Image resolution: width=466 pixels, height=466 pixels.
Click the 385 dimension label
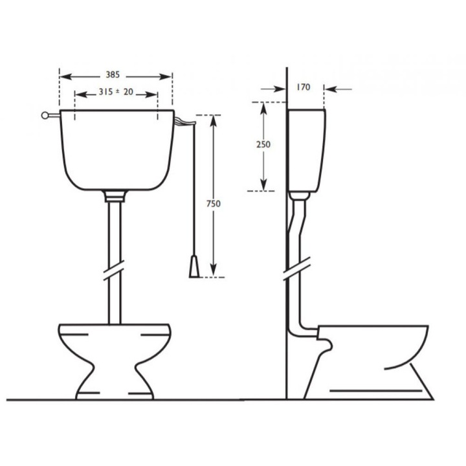[x=116, y=74]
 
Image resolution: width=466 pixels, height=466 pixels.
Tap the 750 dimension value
[x=214, y=203]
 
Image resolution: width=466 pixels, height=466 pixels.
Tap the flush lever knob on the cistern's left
[x=45, y=116]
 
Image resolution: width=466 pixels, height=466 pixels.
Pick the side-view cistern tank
[x=305, y=150]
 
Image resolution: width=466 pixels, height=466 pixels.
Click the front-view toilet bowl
[x=115, y=356]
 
